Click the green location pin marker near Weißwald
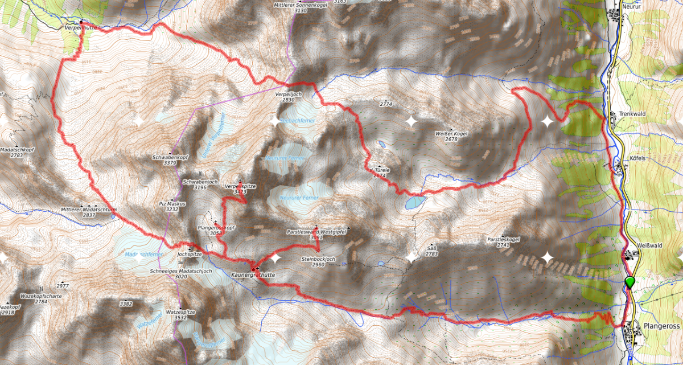pos(629,282)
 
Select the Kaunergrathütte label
pos(253,274)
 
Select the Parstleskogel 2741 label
pos(501,241)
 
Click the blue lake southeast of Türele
pos(414,202)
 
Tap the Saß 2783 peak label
pos(431,251)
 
